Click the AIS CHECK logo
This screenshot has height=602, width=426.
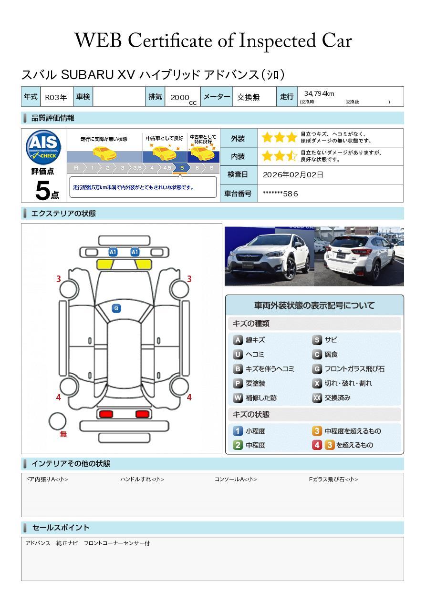coord(43,147)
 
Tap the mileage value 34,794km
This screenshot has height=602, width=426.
coord(319,93)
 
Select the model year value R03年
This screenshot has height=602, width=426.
coord(56,97)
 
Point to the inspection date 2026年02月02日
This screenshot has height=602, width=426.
coord(293,174)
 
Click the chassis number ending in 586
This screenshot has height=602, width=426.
coord(280,194)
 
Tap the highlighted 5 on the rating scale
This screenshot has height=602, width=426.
coord(182,168)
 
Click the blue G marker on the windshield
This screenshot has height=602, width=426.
coord(116,308)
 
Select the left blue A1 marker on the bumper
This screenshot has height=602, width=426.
coord(113,252)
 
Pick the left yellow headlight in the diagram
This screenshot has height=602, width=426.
coord(105,265)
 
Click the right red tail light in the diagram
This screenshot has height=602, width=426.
coord(142,414)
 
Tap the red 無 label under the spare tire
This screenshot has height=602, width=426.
coord(63,434)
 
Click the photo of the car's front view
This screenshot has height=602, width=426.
coord(270,256)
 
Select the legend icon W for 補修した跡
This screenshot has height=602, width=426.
coord(238,398)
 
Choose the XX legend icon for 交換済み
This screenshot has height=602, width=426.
coord(317,398)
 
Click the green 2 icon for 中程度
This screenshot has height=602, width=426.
coord(238,445)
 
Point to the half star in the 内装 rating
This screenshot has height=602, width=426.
coord(291,156)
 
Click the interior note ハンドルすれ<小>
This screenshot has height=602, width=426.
coord(142,479)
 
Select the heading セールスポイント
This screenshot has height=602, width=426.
coord(61,528)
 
